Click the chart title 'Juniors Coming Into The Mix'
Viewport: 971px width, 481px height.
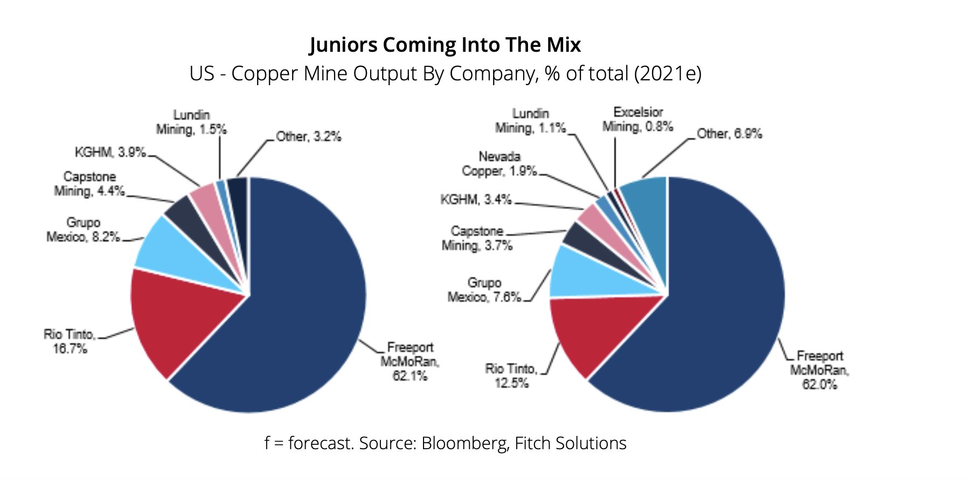[x=445, y=45]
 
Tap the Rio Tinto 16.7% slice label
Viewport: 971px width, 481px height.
[x=70, y=341]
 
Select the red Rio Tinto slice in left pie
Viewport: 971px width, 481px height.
[x=178, y=318]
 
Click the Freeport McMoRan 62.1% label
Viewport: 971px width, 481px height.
[x=410, y=361]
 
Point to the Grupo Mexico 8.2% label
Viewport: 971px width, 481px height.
[x=83, y=230]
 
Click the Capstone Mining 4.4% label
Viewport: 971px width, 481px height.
[x=89, y=184]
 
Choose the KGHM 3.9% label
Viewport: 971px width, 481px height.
[x=110, y=153]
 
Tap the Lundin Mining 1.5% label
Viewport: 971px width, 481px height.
[x=191, y=122]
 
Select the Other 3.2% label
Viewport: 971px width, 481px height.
[x=309, y=137]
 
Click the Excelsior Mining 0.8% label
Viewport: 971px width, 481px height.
[x=638, y=119]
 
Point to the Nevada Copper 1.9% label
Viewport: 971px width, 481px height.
[x=500, y=163]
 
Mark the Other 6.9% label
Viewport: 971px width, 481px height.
[x=730, y=134]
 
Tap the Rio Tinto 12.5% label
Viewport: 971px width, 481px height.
[x=511, y=376]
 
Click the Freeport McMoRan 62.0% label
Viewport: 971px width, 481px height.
[x=820, y=370]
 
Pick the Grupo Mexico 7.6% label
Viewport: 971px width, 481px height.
[x=484, y=290]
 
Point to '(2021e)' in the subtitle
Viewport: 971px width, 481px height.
[x=668, y=74]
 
